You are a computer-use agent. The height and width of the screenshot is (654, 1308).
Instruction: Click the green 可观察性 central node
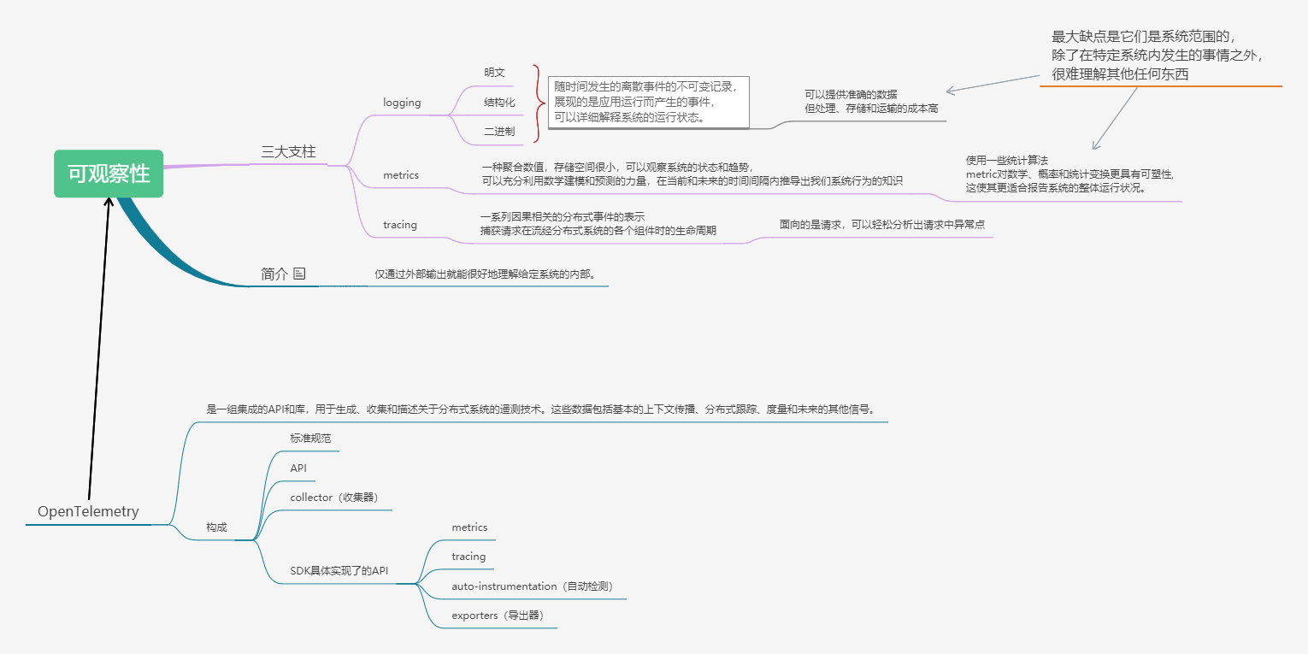point(109,174)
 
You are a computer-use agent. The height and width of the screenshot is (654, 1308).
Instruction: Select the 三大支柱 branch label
point(288,152)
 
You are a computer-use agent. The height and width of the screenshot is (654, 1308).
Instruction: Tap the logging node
point(402,103)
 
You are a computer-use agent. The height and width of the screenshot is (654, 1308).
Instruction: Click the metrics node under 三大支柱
point(401,174)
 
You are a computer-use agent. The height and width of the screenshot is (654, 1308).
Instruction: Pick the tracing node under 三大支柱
point(400,225)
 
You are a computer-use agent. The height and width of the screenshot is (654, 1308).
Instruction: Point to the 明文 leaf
point(495,73)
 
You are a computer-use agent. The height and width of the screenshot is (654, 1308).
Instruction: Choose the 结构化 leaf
point(499,103)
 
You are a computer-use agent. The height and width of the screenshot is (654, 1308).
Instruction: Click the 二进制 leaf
point(499,132)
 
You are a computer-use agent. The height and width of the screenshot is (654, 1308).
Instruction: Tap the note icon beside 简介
point(299,274)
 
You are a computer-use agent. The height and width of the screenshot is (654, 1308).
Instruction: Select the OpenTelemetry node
point(88,511)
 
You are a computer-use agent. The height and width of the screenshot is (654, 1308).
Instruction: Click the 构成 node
point(216,527)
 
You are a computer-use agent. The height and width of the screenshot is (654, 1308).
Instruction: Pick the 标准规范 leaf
point(310,439)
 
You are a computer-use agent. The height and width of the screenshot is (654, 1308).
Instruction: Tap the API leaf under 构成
point(298,468)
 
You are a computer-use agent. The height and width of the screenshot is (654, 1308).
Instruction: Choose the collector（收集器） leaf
point(334,498)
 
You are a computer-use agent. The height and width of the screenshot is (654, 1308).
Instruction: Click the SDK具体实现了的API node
point(339,571)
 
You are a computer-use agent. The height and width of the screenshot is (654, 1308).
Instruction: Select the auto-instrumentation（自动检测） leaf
point(532,586)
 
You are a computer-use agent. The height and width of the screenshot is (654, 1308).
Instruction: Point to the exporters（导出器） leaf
point(498,616)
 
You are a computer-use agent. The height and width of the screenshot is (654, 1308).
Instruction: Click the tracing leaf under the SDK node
point(468,557)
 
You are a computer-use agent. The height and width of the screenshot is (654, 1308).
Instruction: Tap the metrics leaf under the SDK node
point(469,527)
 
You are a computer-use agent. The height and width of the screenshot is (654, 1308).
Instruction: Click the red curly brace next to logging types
point(538,103)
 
